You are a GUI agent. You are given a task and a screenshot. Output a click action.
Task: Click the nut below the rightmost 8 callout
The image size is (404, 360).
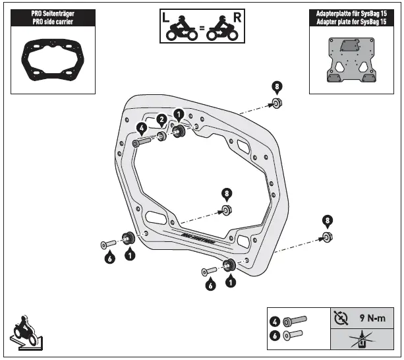[x=327, y=237]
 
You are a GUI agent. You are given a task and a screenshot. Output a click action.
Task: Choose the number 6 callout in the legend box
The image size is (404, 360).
[x=274, y=335]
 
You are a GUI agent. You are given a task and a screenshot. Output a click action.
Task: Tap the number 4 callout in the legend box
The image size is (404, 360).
[x=274, y=322]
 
